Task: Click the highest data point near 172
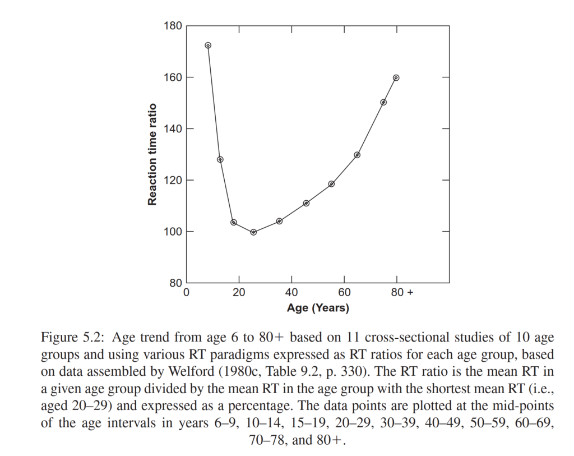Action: tap(208, 45)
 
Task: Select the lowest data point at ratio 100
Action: tap(253, 232)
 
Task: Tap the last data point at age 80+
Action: tap(396, 77)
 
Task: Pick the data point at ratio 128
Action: tap(220, 159)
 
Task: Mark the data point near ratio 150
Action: tap(383, 102)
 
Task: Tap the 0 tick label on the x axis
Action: tap(187, 292)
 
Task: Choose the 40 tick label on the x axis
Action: tap(291, 292)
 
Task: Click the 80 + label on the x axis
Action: tap(402, 292)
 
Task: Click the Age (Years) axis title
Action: tap(318, 308)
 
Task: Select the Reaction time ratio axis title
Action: tap(152, 154)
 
